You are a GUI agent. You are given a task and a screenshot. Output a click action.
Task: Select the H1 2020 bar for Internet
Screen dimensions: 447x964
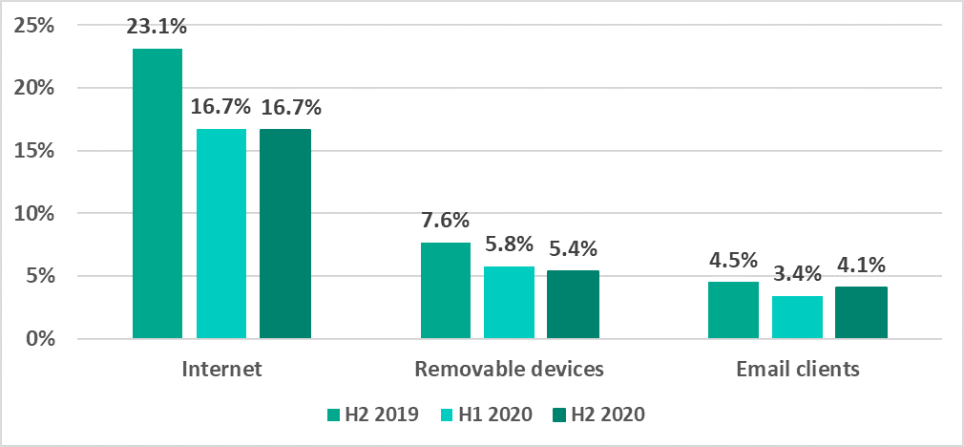(x=221, y=234)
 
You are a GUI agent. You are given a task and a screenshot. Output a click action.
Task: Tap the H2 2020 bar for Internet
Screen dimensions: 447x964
(x=285, y=234)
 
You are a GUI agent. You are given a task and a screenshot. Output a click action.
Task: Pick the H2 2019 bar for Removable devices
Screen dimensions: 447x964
(x=446, y=290)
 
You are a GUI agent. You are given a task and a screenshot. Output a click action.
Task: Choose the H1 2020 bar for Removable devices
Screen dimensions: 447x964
(x=509, y=302)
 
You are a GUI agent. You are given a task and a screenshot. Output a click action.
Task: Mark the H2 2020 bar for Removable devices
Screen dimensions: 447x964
(x=573, y=305)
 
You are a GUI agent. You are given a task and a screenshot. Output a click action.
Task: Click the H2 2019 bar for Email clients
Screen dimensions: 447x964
(x=733, y=310)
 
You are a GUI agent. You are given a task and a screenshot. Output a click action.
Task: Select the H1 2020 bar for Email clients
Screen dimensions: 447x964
(x=797, y=317)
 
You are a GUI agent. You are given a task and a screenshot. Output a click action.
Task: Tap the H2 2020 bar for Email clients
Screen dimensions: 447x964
(x=861, y=312)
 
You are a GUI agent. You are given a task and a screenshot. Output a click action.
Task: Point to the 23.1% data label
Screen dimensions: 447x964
(x=157, y=28)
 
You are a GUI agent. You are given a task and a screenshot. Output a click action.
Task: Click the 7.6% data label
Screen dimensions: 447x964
(x=446, y=220)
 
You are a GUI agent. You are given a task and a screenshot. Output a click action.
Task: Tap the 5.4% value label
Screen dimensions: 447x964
(x=573, y=249)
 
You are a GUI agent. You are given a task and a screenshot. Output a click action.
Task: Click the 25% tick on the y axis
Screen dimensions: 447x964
(x=33, y=25)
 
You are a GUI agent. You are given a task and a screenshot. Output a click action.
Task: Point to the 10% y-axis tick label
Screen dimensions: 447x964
(x=33, y=213)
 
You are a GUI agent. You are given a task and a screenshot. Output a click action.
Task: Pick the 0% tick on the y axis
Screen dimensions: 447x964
(x=38, y=339)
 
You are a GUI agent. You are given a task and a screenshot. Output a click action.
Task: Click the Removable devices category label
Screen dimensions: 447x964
(x=509, y=369)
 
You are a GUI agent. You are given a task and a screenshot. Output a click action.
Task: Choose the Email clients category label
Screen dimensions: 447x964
(x=797, y=369)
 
